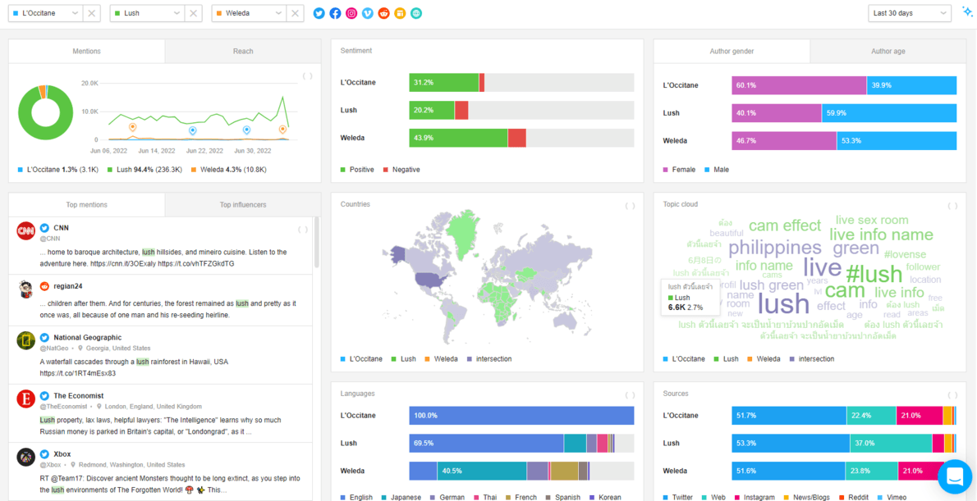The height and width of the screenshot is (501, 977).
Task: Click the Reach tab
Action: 243,51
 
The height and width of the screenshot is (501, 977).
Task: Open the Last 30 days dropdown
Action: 909,13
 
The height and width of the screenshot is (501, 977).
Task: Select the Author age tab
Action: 888,51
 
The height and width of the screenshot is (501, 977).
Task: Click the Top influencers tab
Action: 243,205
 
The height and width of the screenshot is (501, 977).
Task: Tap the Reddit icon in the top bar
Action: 383,13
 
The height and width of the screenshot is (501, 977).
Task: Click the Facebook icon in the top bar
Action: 335,13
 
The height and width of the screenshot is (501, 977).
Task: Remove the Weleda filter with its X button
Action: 296,13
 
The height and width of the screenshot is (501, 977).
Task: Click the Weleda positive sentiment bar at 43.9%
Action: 458,138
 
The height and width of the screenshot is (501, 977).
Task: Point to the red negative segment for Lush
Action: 461,110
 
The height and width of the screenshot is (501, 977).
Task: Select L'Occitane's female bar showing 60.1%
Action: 799,85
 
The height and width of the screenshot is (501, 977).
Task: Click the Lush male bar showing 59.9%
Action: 889,113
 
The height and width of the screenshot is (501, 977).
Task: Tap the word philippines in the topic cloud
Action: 774,247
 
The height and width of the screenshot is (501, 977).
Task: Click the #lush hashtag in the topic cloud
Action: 874,273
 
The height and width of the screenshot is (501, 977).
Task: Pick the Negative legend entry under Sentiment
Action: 401,170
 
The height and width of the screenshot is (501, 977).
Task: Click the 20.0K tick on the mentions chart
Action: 89,84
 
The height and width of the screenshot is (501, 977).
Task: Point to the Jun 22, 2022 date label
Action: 204,151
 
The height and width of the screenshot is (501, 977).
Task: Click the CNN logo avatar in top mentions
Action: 26,231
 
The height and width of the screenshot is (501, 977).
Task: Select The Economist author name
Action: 80,396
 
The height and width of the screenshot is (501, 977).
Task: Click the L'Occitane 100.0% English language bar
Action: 521,416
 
